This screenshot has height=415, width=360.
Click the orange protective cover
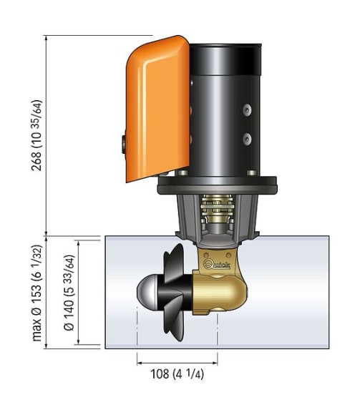click(x=154, y=107)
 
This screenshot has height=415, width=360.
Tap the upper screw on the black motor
click(x=245, y=109)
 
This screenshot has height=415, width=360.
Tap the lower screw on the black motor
click(x=245, y=137)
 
